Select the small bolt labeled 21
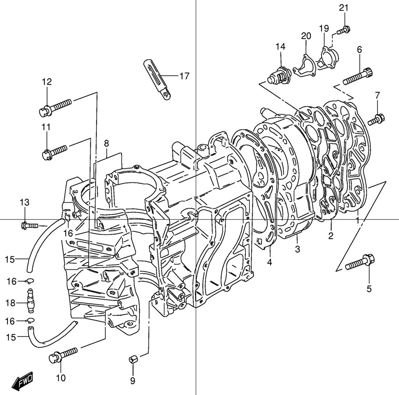point(343,30)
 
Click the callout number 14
point(281,46)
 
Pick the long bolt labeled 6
point(358,75)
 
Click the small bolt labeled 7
point(376,120)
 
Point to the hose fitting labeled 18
point(30,301)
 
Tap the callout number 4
point(270,263)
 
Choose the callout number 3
point(297,249)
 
